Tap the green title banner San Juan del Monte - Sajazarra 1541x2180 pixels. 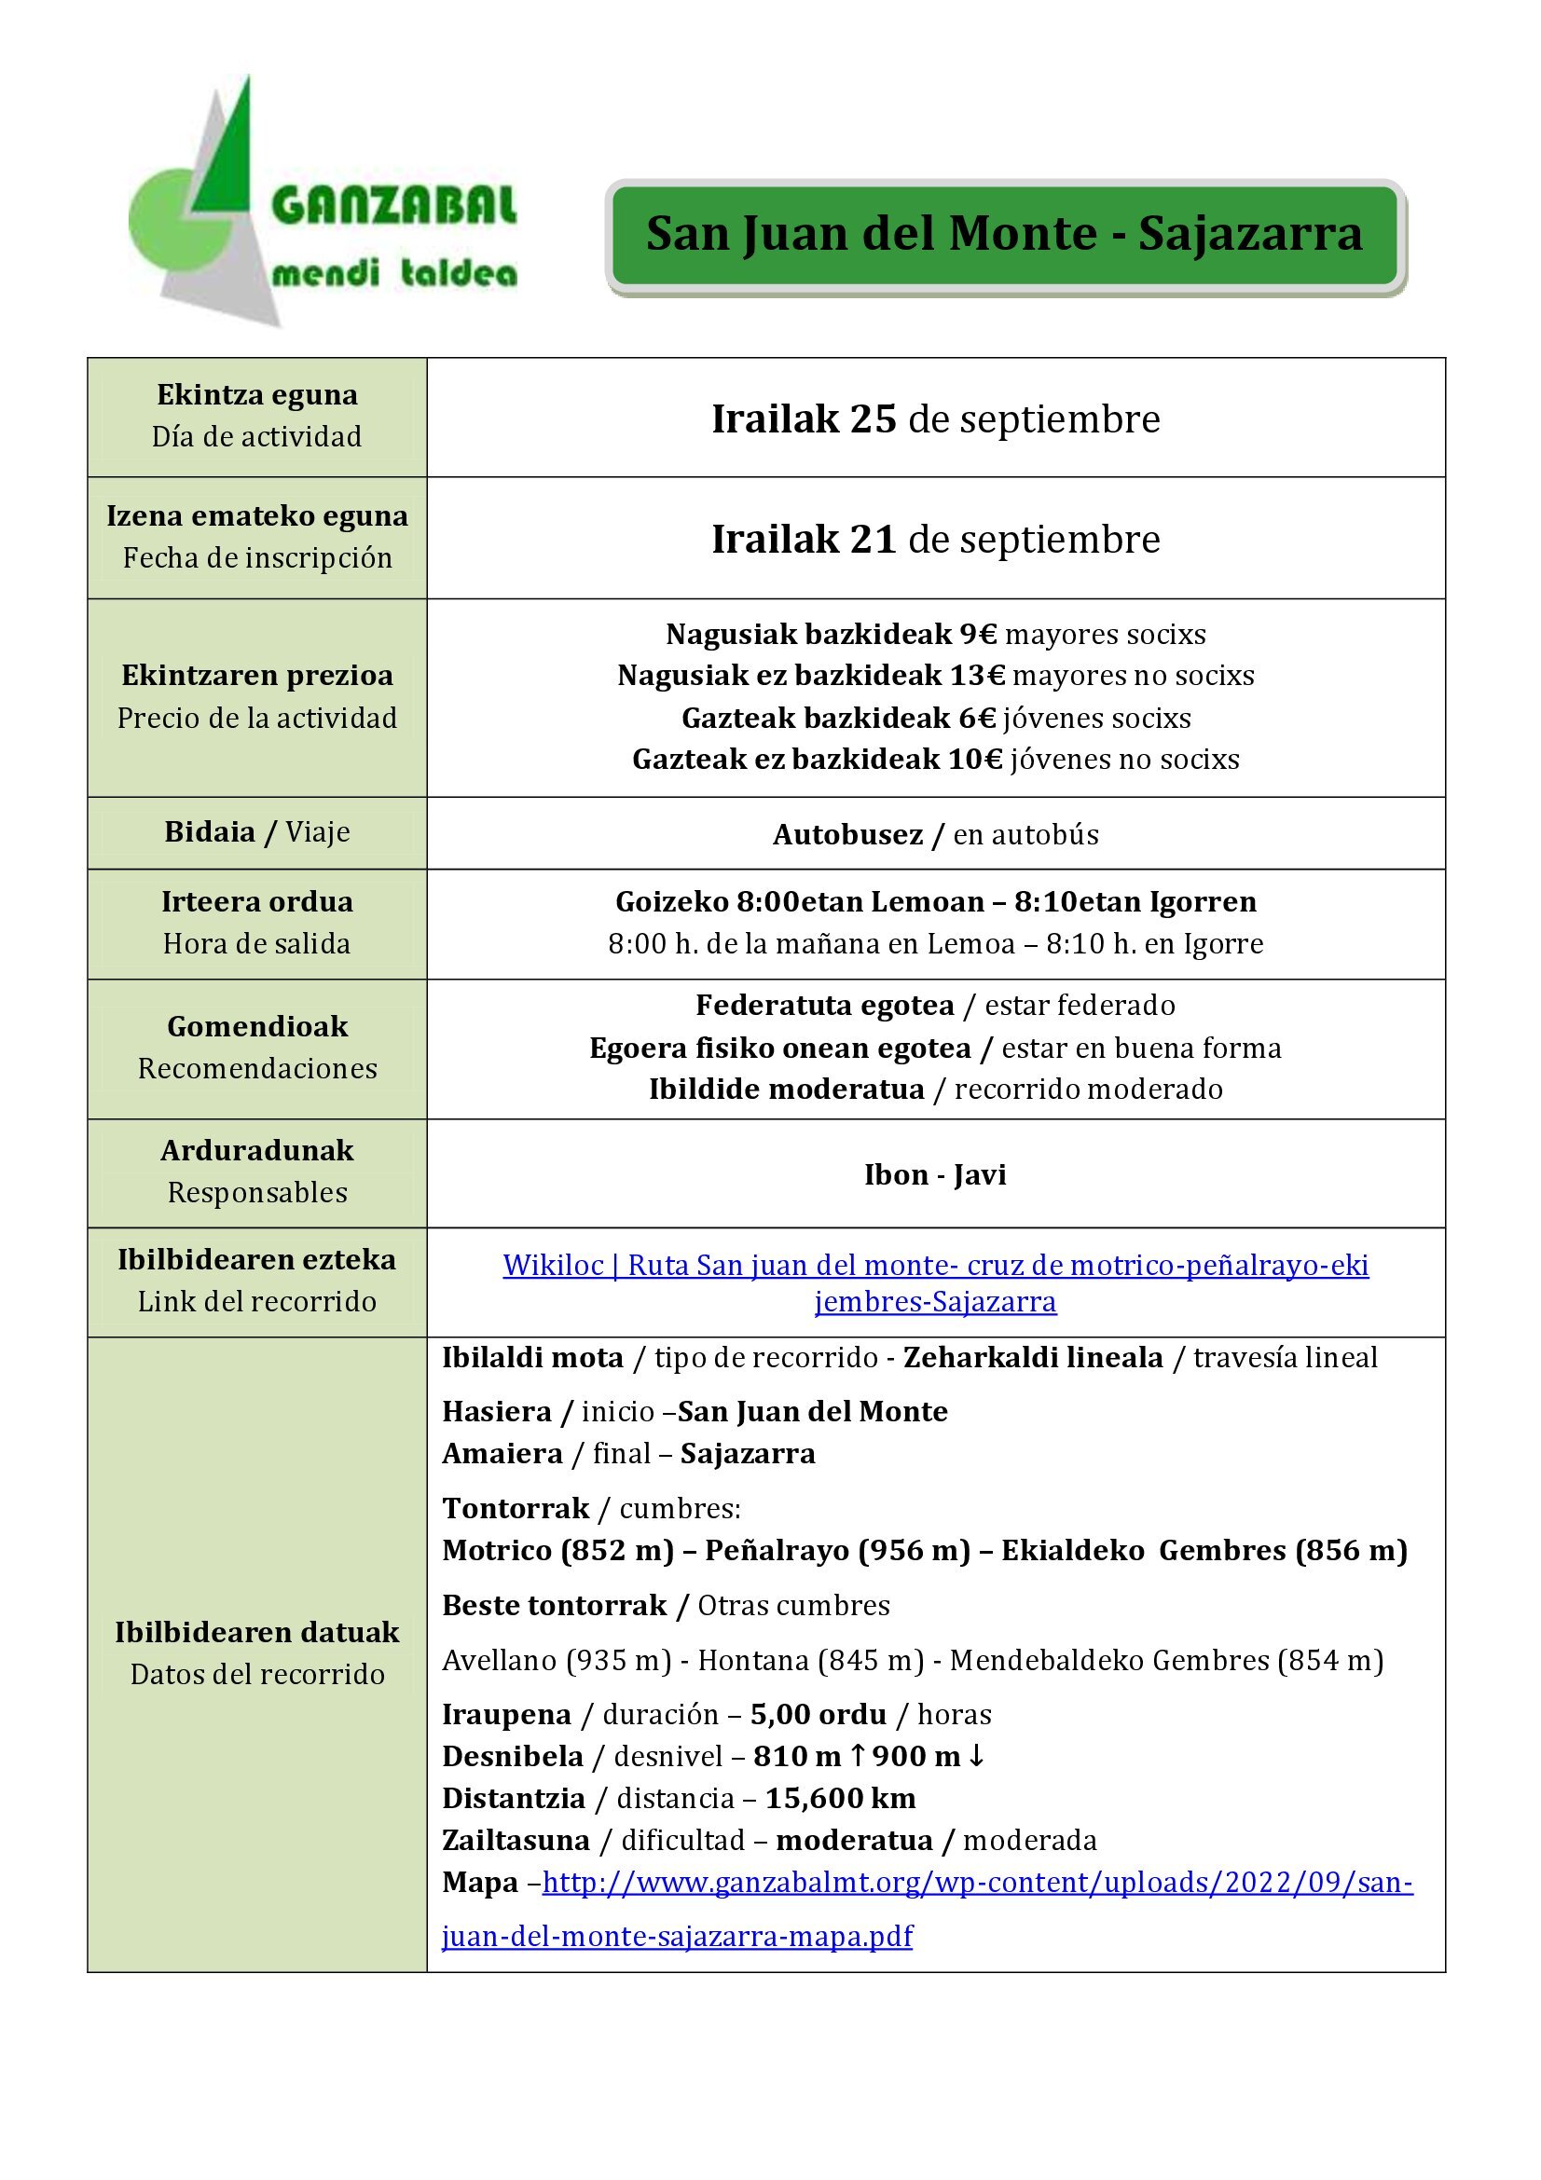pos(1005,235)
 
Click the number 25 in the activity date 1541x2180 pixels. pos(873,418)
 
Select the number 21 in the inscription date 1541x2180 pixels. pos(873,540)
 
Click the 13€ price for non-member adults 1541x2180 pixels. pos(977,675)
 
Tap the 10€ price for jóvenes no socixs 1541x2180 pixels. pos(975,760)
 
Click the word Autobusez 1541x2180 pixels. pos(846,834)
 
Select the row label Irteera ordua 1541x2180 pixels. pos(256,901)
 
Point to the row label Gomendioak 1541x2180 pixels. pos(257,1026)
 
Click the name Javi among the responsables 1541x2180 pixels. pos(980,1174)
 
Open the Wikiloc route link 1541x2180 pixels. pos(935,1266)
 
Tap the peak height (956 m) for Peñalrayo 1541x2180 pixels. pos(915,1551)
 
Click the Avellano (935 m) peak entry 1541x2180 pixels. pos(557,1660)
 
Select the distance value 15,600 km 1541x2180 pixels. pos(840,1798)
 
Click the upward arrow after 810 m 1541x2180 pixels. pos(857,1757)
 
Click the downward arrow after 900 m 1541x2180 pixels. pos(976,1757)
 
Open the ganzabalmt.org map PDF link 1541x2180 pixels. pos(977,1883)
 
